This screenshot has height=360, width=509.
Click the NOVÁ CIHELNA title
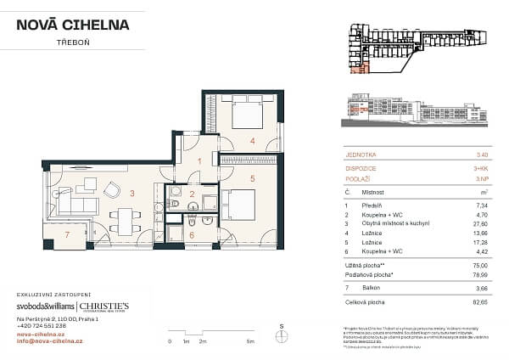pos(73,25)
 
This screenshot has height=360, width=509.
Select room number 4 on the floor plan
pos(252,141)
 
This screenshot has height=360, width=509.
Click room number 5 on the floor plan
pos(252,179)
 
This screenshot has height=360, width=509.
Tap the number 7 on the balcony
pos(67,233)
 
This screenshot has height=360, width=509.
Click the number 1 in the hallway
pos(200,160)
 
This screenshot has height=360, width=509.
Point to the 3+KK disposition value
pos(481,167)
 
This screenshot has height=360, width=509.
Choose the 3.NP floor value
pos(482,180)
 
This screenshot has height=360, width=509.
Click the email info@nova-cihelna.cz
pos(50,342)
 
